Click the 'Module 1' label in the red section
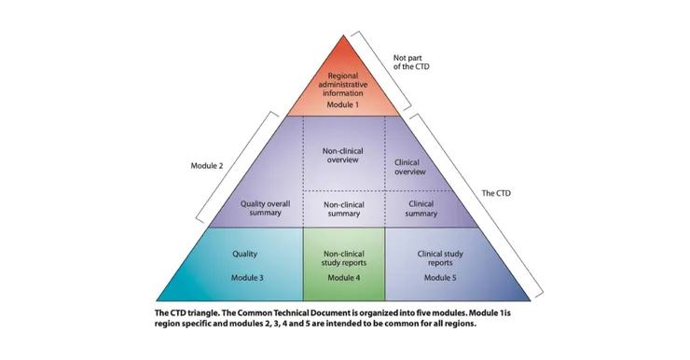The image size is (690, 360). click(344, 104)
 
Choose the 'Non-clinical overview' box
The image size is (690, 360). click(344, 154)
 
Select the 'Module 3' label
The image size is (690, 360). click(246, 278)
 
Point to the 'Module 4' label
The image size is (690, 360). click(344, 278)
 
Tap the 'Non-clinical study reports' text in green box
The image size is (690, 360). click(344, 257)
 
